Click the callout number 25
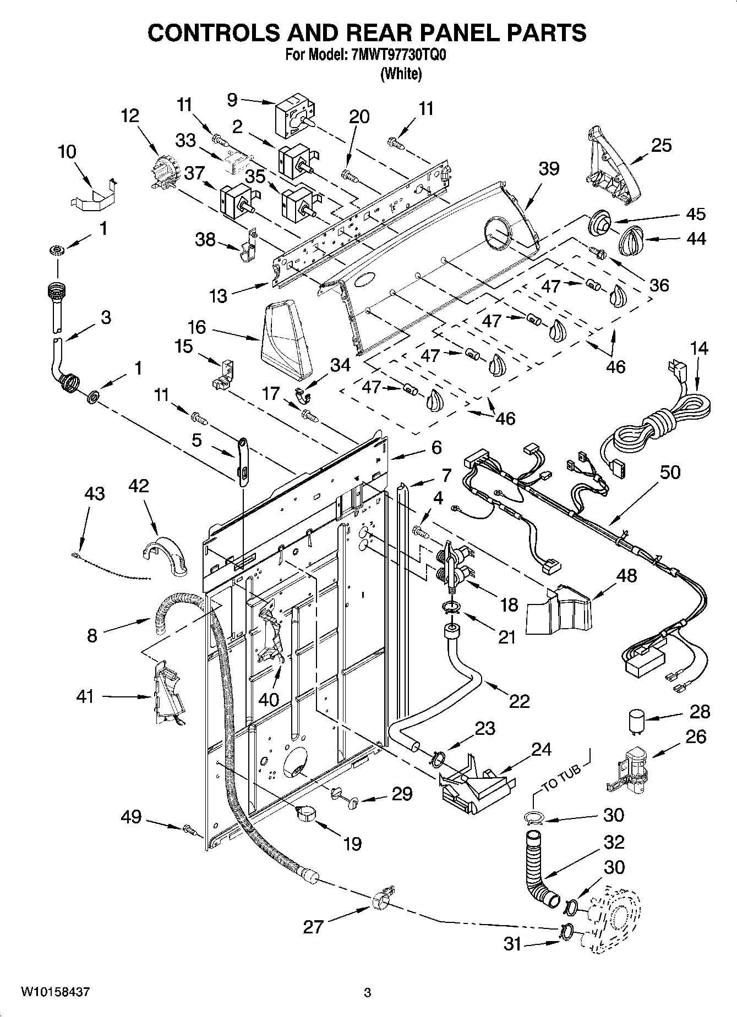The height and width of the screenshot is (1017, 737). (x=662, y=145)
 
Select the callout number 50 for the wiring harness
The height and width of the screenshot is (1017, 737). (x=670, y=472)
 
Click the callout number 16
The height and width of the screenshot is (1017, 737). (x=196, y=327)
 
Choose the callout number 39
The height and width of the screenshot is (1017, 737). (x=549, y=168)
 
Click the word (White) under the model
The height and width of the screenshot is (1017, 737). (x=401, y=74)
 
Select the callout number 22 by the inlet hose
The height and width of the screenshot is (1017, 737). (x=519, y=701)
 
